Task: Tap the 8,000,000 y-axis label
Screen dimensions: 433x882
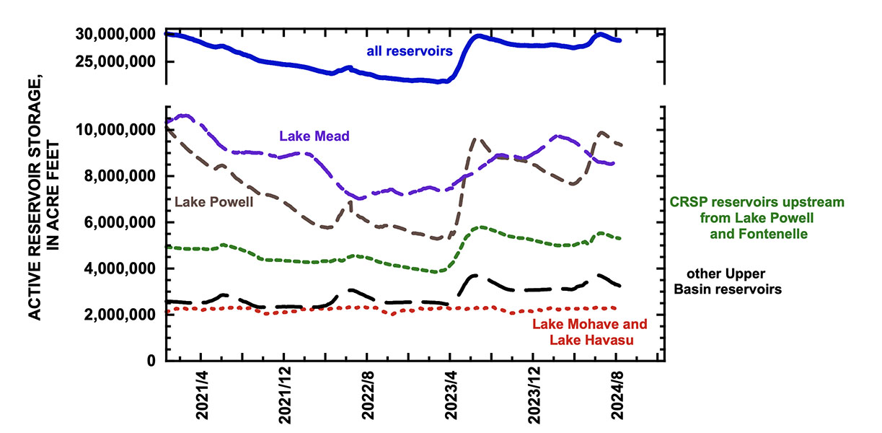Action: point(116,176)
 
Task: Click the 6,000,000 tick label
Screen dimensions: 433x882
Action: point(116,222)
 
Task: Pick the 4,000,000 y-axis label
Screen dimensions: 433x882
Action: point(116,268)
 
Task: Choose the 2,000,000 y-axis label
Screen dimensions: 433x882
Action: point(116,315)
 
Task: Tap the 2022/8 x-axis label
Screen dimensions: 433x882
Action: point(367,396)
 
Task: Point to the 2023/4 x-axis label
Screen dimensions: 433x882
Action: point(450,396)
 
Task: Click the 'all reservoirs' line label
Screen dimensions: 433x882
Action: point(407,51)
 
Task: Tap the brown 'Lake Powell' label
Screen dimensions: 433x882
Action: point(209,201)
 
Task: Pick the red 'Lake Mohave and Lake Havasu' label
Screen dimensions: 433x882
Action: point(590,331)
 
